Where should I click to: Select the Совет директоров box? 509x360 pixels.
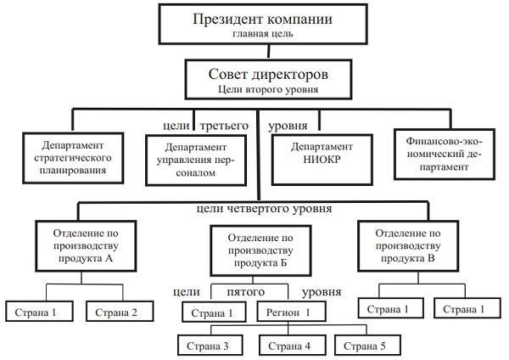[x=255, y=77]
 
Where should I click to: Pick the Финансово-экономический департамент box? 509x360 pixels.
[x=443, y=154]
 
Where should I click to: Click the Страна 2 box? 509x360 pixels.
[x=122, y=312]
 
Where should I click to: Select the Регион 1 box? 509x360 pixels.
[x=290, y=312]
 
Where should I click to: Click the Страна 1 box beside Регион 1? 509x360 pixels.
[x=212, y=312]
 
